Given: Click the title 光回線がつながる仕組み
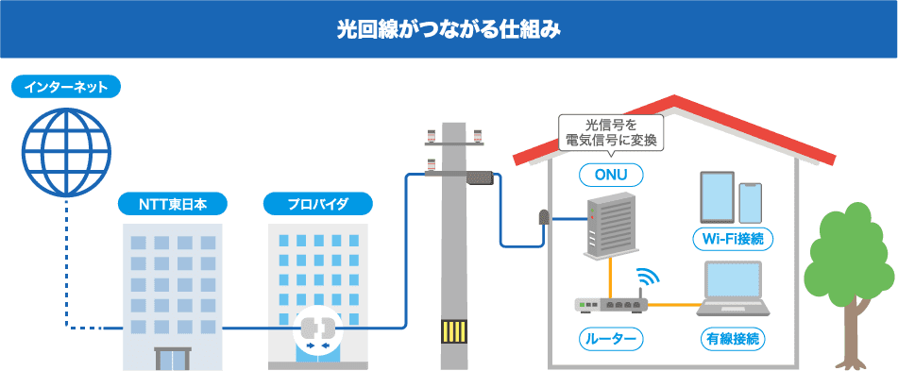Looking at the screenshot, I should [x=449, y=29].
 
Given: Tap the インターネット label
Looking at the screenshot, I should [x=66, y=88].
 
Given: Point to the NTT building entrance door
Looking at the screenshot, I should [x=172, y=360].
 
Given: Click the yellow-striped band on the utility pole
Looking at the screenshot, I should [x=454, y=332].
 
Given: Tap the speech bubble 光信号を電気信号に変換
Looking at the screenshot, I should [x=612, y=132].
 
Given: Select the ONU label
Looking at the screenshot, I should [x=611, y=175].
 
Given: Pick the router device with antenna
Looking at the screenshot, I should [x=609, y=304].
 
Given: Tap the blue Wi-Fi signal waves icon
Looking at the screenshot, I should [x=649, y=278].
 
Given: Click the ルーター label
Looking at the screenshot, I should [x=611, y=338].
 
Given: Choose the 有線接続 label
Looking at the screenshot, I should [x=734, y=338].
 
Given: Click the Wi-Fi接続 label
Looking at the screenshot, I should [x=733, y=239].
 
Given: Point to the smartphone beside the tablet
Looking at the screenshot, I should [x=751, y=202].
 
